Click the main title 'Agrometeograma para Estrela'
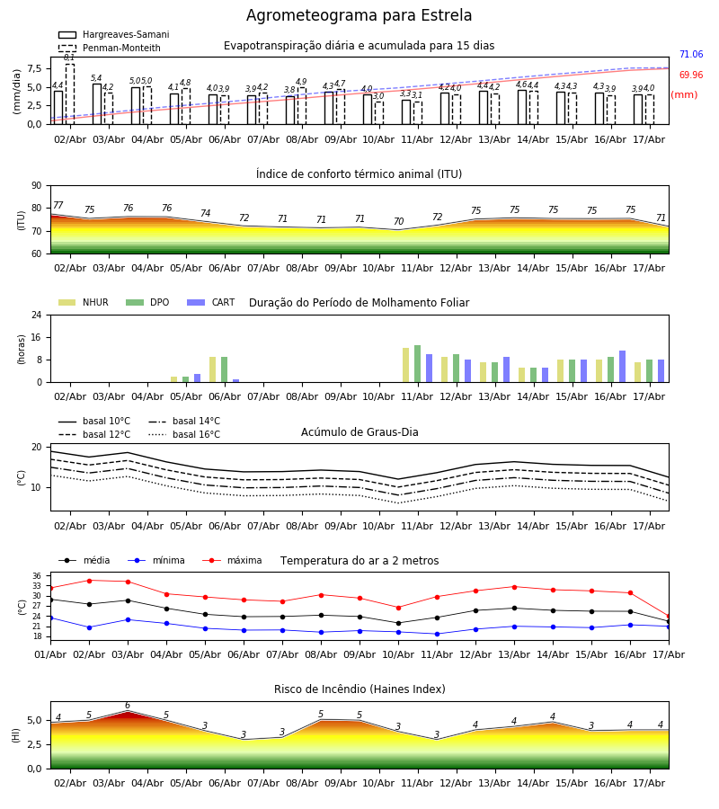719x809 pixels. tap(359, 16)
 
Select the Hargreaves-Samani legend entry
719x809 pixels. tap(114, 34)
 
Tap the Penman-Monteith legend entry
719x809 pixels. tap(110, 48)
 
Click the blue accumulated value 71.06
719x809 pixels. tap(691, 54)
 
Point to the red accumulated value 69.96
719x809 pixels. tap(691, 75)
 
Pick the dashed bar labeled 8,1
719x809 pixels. tap(69, 93)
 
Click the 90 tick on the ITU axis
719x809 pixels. tap(37, 186)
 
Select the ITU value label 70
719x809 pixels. tap(399, 221)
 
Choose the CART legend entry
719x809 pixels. tap(211, 302)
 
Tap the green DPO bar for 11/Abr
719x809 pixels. tap(417, 364)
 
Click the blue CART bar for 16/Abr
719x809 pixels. tap(623, 367)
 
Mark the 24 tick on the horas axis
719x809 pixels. tap(37, 315)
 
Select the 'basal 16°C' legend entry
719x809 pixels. tap(184, 434)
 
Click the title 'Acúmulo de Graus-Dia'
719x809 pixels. tap(359, 431)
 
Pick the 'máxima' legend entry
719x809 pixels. tap(232, 560)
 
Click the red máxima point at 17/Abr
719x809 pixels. tap(669, 617)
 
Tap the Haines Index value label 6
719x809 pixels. tap(128, 706)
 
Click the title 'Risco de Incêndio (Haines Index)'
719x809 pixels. tap(359, 689)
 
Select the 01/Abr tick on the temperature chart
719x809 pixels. tap(50, 654)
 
